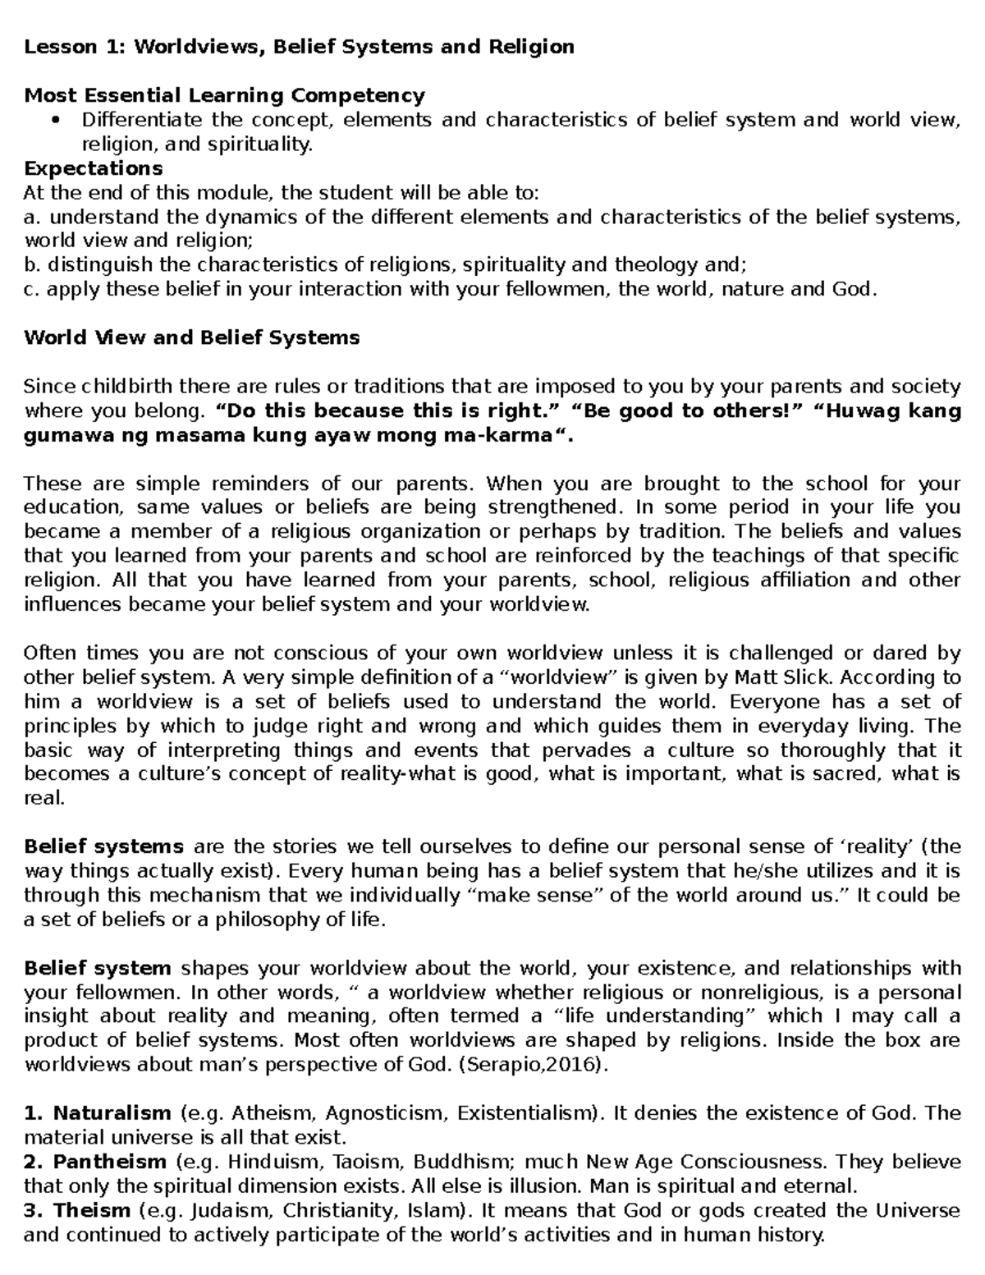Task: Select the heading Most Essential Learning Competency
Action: [224, 95]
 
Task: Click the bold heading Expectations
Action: [93, 168]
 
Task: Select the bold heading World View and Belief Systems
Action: [191, 337]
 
